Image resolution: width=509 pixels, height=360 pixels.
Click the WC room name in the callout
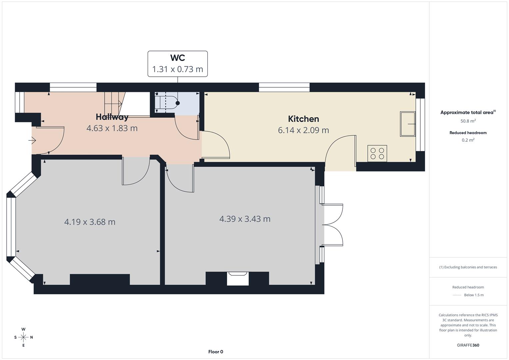coord(177,58)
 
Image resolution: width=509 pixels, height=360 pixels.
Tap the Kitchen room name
coord(303,119)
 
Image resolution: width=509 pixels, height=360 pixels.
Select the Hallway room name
coord(112,117)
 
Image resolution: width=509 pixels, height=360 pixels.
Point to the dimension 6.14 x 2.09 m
coord(303,130)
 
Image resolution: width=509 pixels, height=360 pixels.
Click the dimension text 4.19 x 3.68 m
coord(90,222)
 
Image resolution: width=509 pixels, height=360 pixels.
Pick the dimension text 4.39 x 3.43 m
coord(245,219)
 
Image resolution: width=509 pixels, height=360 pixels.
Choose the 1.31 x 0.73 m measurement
coord(177,69)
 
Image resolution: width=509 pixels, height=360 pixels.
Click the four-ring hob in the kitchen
coord(377,153)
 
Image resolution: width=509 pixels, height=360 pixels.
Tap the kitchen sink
coord(408,124)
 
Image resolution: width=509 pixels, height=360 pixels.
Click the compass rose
coord(23,337)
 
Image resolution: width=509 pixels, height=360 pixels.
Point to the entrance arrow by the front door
coord(32,140)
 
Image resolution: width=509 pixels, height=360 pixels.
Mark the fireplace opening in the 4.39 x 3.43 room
coord(238,278)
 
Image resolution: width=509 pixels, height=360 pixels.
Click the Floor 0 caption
coord(216,352)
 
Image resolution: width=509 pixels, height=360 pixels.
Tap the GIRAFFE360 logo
coord(468,345)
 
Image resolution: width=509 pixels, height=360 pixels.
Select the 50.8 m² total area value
coord(468,121)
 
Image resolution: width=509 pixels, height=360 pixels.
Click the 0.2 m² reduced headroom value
coord(468,140)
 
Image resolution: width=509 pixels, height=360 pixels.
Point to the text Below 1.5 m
coord(474,295)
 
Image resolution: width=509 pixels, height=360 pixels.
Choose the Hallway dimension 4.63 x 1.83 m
coord(112,128)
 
